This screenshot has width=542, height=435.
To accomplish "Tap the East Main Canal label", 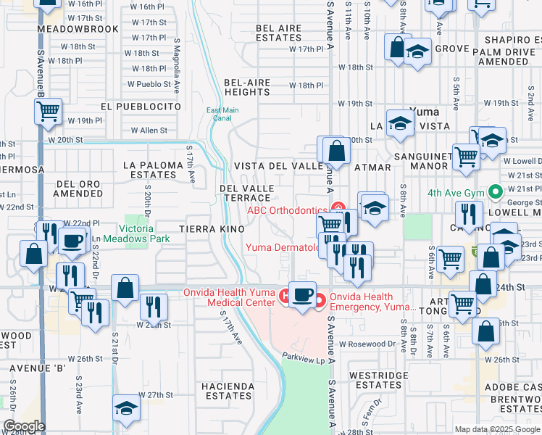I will (x=222, y=115).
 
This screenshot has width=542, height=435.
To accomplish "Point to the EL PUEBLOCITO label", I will (x=141, y=106).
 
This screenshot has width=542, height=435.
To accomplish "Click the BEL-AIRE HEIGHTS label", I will (x=247, y=88).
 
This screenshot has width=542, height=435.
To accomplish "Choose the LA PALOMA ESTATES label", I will (x=153, y=170).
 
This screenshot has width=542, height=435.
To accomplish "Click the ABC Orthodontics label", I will (x=287, y=211).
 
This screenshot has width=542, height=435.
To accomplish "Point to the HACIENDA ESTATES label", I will (x=228, y=391).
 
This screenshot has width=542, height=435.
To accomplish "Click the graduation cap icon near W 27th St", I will (x=126, y=409).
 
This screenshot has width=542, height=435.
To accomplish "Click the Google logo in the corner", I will (x=25, y=426).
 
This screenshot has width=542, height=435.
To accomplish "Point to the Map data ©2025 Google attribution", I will (x=496, y=429).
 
